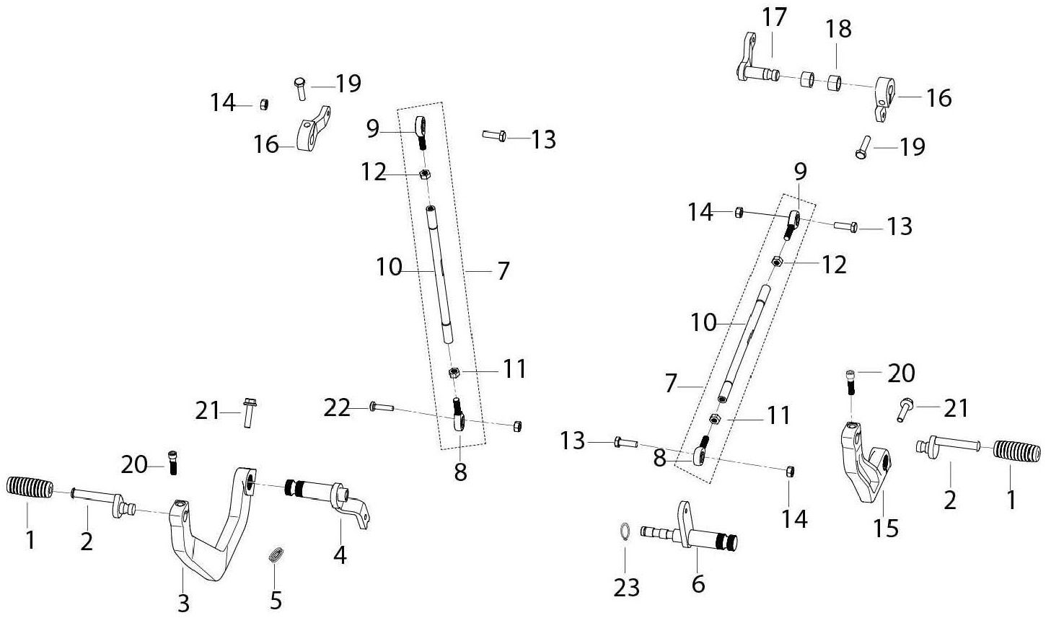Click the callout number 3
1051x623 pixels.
point(183,602)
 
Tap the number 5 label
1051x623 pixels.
point(276,600)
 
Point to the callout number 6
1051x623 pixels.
point(698,583)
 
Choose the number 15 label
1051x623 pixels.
point(886,529)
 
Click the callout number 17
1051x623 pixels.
point(774,17)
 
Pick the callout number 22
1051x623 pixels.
point(338,409)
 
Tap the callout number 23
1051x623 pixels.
point(626,587)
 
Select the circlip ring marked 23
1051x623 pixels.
point(625,531)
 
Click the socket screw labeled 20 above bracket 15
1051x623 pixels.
point(850,383)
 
